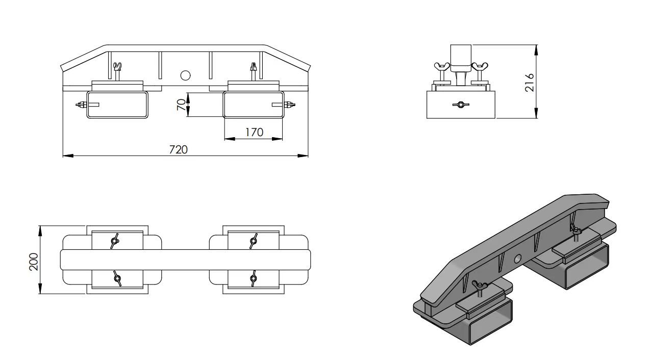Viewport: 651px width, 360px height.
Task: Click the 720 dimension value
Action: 178,149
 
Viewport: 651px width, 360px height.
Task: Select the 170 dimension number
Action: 254,132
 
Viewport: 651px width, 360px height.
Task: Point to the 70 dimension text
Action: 181,105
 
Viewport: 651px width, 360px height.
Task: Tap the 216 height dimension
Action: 529,82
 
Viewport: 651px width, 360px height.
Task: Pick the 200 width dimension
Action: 34,261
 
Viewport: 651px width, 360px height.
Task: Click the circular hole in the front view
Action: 186,75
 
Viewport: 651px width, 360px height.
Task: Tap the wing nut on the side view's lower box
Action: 460,105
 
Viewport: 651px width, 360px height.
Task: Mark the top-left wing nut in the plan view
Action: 114,240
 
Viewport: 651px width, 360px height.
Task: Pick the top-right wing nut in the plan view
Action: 253,240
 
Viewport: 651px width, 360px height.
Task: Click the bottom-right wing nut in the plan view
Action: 253,278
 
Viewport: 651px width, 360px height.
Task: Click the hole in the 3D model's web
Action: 518,259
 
